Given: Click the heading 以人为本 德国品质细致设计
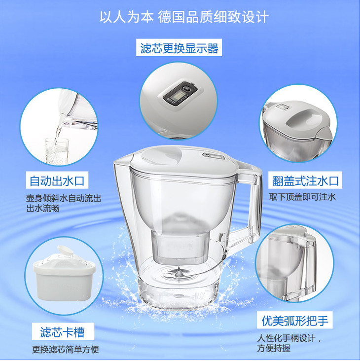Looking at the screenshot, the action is click(x=184, y=17).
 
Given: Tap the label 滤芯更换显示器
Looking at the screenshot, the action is click(x=179, y=48).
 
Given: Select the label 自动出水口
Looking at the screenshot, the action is click(x=57, y=180).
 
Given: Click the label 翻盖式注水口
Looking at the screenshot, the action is click(x=305, y=180).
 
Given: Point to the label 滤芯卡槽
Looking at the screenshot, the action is click(x=62, y=332).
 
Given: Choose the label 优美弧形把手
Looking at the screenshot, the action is click(x=295, y=320).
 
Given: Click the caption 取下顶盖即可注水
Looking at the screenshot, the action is click(x=302, y=197).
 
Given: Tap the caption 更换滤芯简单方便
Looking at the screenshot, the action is click(x=66, y=350).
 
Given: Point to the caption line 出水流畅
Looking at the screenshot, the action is click(x=43, y=208).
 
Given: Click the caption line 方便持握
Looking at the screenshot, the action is click(x=274, y=348).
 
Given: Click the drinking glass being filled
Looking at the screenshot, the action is click(x=57, y=151).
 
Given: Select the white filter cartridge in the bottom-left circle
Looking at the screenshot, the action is click(x=64, y=275).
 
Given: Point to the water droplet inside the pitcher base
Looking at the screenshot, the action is click(x=179, y=272).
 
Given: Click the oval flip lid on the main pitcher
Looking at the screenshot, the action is click(x=161, y=155).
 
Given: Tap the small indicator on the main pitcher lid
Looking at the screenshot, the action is click(x=213, y=156).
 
